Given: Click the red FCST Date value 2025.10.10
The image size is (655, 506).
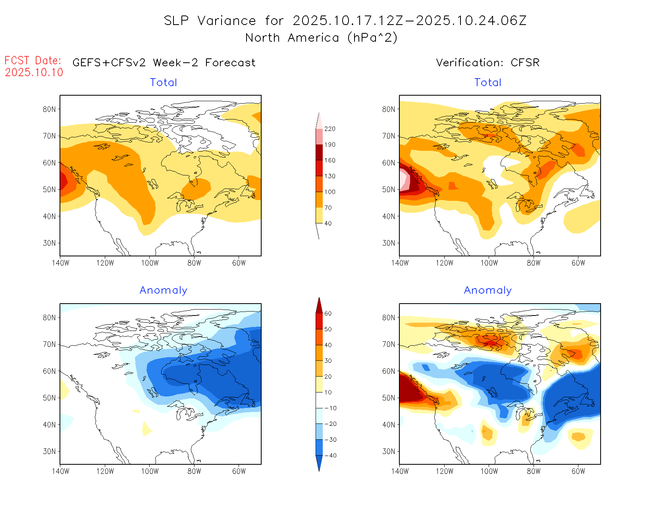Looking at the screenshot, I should tap(34, 72).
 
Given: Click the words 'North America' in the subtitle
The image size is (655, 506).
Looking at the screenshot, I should tap(292, 38).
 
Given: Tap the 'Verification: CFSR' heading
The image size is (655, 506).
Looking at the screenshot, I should tap(487, 63).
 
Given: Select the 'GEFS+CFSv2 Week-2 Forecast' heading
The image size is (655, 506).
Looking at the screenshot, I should tap(164, 63).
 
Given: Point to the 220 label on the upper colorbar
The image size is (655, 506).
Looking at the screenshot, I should tap(330, 129).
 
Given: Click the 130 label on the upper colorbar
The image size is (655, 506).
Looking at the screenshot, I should tap(330, 176).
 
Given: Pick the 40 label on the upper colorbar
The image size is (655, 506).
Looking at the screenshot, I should tap(328, 223).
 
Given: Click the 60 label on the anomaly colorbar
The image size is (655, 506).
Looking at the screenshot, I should tap(328, 314).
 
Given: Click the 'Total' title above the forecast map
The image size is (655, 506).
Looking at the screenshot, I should tap(164, 83).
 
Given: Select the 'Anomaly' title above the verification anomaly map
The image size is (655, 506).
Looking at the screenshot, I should tap(488, 291).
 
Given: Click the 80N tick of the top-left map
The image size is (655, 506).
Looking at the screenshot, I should tap(49, 109).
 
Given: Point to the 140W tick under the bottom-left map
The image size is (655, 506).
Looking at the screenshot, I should tap(60, 471).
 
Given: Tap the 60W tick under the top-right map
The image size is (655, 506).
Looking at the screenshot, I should tap(578, 263).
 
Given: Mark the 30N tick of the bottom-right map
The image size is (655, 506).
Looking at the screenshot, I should tap(389, 451).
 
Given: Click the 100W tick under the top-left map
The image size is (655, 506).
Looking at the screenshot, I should tap(150, 263).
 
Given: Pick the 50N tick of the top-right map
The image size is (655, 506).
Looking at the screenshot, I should tap(389, 189).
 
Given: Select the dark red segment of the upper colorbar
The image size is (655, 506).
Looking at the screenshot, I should tap(319, 152).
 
